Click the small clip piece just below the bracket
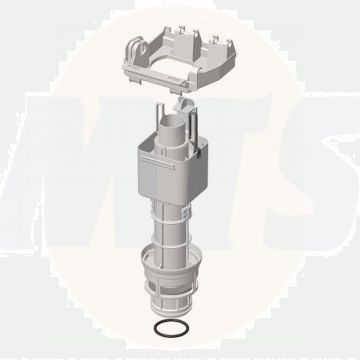tap(186, 100)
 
